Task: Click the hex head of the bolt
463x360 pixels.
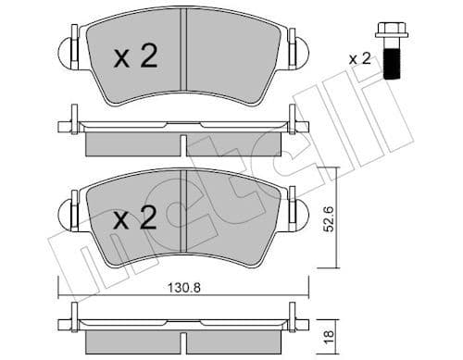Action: point(389,33)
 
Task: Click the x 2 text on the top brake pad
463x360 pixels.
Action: point(135,57)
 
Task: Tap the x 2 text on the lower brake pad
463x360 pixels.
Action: point(135,219)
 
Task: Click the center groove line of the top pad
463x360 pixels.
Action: point(184,51)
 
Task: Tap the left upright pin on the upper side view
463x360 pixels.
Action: point(73,118)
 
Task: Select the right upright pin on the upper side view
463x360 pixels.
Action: point(294,118)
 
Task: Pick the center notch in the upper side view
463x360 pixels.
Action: point(184,144)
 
